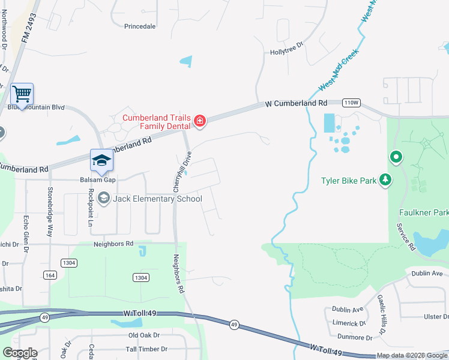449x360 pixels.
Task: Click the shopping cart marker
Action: click(22, 94)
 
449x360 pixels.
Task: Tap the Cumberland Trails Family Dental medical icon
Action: click(200, 122)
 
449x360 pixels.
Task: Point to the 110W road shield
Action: click(351, 103)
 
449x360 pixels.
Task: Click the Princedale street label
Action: click(140, 26)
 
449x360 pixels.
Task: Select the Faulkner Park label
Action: click(424, 212)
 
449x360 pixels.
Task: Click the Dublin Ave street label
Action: click(348, 310)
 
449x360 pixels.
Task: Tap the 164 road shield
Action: click(50, 275)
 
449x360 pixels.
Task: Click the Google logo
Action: click(20, 353)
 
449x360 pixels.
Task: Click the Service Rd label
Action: click(406, 236)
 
